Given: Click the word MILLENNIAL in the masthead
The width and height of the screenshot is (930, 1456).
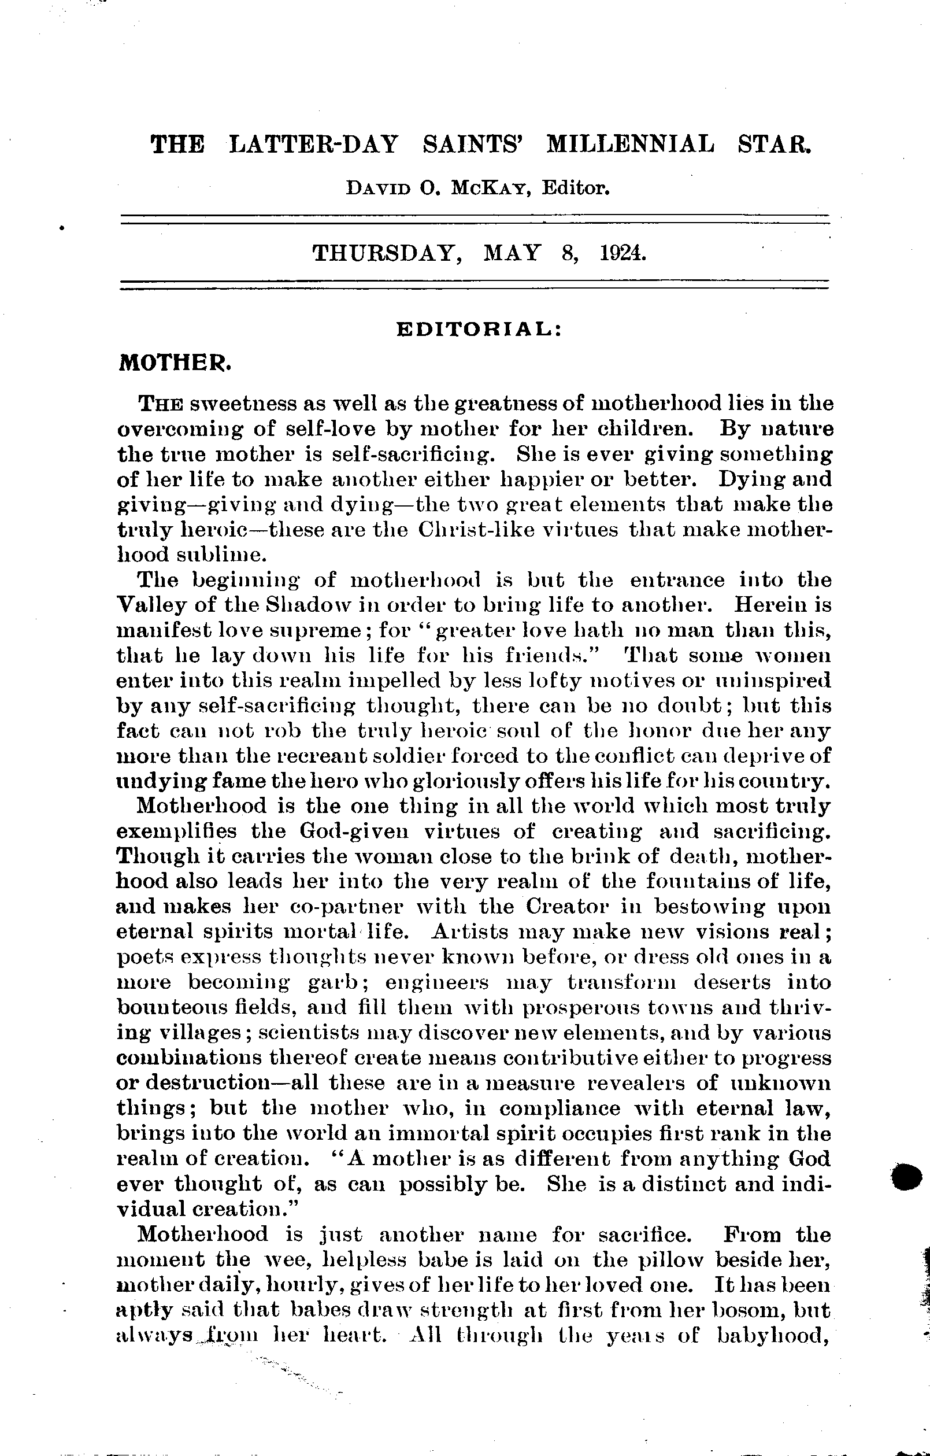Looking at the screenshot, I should pyautogui.click(x=630, y=145).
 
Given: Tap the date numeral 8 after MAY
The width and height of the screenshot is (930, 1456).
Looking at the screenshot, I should pyautogui.click(x=567, y=252).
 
